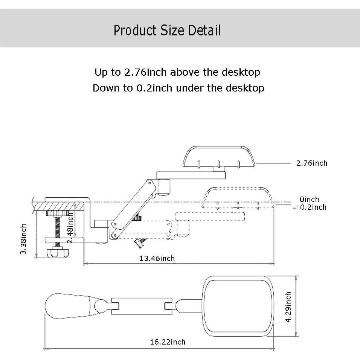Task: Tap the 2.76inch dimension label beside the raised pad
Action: click(x=312, y=163)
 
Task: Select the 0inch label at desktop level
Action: click(x=309, y=199)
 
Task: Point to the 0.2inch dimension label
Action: click(x=313, y=207)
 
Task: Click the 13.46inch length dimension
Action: click(x=157, y=258)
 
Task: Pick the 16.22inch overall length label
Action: click(x=168, y=342)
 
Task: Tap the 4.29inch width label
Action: click(x=288, y=307)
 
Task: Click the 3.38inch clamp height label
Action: click(x=24, y=239)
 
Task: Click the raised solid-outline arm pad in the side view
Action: click(x=218, y=156)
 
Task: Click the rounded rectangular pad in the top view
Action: click(x=238, y=306)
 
